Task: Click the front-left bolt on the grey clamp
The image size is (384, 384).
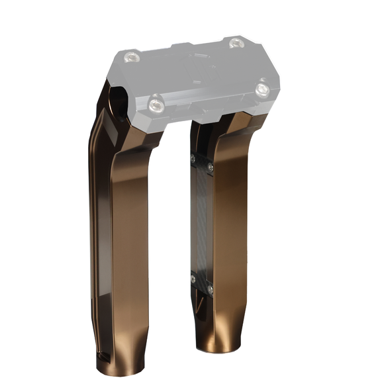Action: click(x=156, y=102)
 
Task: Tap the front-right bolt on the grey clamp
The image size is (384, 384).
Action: click(x=263, y=87)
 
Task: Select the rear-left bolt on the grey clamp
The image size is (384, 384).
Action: click(x=132, y=57)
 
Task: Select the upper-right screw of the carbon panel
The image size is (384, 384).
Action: click(x=210, y=168)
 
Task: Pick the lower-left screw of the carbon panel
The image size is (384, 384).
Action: click(x=193, y=277)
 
